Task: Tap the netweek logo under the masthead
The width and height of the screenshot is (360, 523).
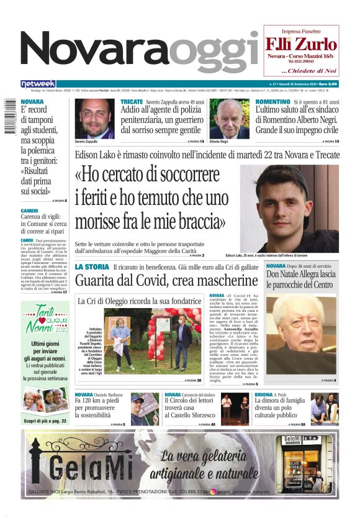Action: pos(38,83)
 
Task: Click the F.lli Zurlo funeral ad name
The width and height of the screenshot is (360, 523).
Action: pos(301,44)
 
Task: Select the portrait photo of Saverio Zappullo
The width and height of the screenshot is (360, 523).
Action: pos(95,119)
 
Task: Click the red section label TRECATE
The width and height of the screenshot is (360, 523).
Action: pos(132,101)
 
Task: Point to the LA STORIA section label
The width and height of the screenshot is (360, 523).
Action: pos(92,266)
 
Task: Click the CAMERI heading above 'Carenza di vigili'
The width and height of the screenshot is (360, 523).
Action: pos(29,211)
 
